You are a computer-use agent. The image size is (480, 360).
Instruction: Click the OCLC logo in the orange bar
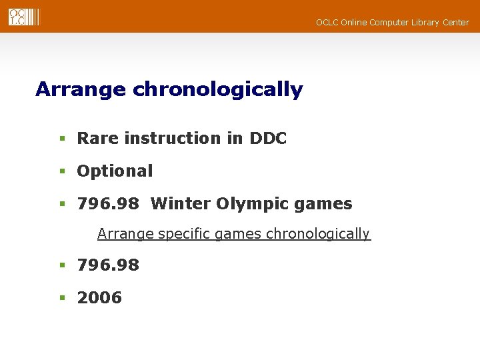(x=24, y=17)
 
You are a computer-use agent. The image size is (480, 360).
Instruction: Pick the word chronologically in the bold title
(x=218, y=89)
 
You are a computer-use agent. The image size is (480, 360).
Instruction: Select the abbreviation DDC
(x=268, y=139)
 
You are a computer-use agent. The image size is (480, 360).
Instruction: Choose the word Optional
(x=115, y=171)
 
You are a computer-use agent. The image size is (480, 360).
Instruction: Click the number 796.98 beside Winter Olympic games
(x=108, y=204)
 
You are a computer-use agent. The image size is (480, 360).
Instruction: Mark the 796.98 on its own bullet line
(x=108, y=265)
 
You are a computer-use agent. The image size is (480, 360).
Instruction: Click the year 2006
(x=99, y=298)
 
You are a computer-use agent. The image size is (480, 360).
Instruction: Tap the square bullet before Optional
(x=62, y=171)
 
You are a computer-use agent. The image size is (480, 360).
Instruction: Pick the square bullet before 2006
(x=62, y=298)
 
